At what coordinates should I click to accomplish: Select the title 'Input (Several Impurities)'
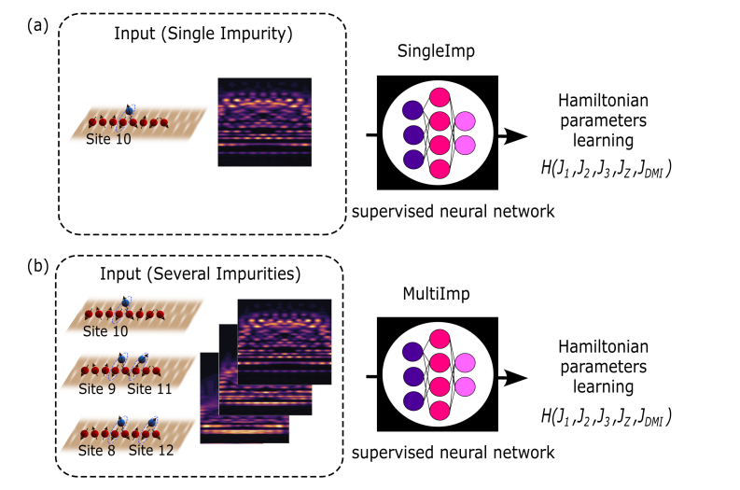[x=200, y=277]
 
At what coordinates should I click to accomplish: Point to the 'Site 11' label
[x=151, y=387]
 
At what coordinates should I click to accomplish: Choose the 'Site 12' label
[x=153, y=451]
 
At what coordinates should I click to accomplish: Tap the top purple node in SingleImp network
[x=412, y=110]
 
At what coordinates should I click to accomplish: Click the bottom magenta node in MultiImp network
[x=439, y=413]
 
